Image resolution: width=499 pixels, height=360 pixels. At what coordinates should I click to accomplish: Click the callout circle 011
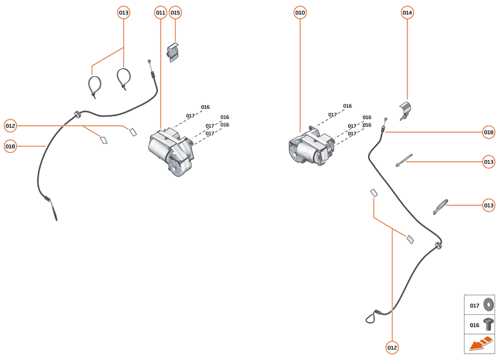[x=160, y=12]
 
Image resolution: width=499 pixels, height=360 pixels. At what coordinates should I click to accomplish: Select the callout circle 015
[x=176, y=12]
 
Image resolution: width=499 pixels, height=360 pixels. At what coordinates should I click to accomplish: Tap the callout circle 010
[x=300, y=12]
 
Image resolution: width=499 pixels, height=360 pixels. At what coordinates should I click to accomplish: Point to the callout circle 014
[x=407, y=12]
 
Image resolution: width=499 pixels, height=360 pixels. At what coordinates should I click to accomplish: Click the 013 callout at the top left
[x=123, y=12]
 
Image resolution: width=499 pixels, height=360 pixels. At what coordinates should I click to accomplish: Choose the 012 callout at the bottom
[x=392, y=348]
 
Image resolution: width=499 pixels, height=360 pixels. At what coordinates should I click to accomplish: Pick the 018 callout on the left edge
[x=10, y=146]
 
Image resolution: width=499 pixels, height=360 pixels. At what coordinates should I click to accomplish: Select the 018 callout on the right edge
[x=489, y=132]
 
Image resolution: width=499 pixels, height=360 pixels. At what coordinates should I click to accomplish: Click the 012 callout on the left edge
[x=10, y=125]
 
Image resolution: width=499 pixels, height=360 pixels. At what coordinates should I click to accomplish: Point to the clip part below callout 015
[x=173, y=52]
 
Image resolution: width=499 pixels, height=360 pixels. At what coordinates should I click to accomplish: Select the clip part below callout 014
[x=406, y=110]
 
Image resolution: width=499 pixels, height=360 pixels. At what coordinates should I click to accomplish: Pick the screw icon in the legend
[x=488, y=325]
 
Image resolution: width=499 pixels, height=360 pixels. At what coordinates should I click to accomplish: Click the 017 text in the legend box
[x=474, y=305]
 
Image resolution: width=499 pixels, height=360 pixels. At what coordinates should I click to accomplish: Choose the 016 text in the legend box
[x=474, y=325]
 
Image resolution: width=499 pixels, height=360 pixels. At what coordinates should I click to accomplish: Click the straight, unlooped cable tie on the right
[x=405, y=159]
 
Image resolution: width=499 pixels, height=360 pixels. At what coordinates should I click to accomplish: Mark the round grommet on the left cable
[x=77, y=114]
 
